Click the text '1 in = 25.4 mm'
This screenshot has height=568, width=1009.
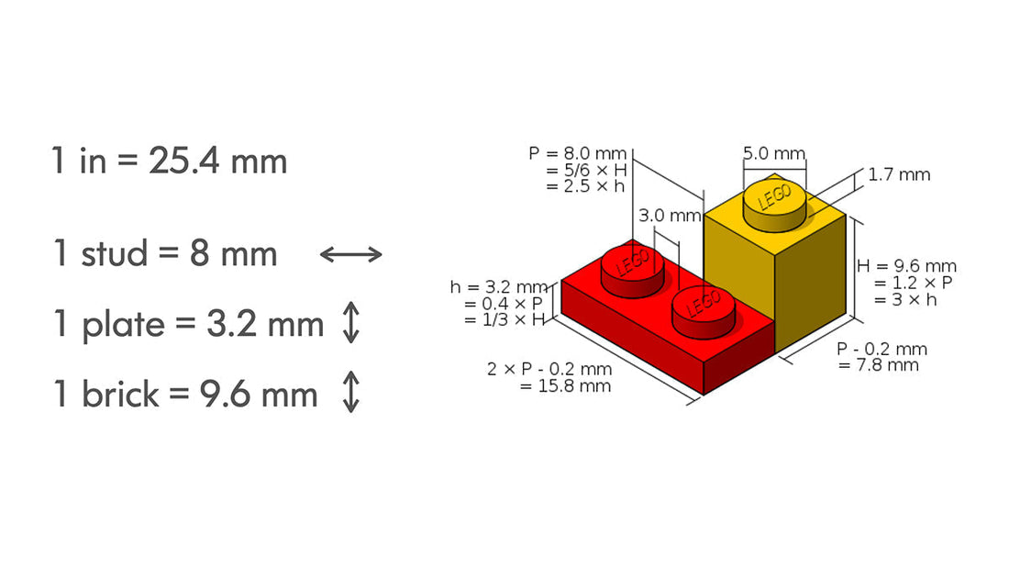pos(170,161)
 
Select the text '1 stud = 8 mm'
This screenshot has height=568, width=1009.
pos(165,253)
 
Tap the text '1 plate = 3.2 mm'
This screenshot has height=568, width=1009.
pos(188,324)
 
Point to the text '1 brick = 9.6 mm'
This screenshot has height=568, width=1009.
pos(185,395)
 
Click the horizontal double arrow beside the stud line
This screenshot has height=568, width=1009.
pos(350,254)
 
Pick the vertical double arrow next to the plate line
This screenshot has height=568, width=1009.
pos(349,324)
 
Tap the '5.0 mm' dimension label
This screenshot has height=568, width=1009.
pos(773,153)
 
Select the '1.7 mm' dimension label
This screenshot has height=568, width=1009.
pos(899,174)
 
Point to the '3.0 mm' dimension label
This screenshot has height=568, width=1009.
pos(669,216)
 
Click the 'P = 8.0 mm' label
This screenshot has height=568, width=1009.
pos(578,153)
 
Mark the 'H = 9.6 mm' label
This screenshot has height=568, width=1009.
pos(906,266)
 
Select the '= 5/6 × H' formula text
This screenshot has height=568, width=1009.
pos(585,170)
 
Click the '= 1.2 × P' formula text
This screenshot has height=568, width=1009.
pos(914,283)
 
